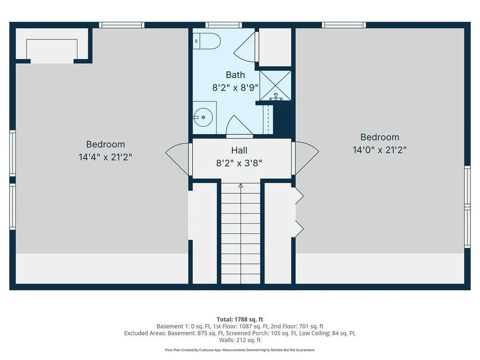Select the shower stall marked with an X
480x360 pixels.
click(276, 85)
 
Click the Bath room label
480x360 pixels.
click(235, 75)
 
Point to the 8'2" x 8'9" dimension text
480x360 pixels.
click(236, 87)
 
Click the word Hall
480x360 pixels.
click(239, 150)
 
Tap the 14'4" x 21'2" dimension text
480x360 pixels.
click(105, 157)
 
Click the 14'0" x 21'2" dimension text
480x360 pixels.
click(379, 150)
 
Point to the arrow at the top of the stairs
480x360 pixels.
click(240, 186)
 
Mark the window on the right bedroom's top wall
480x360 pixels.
click(344, 25)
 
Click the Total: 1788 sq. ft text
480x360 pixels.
click(240, 319)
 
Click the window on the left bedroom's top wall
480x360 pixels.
click(121, 25)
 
